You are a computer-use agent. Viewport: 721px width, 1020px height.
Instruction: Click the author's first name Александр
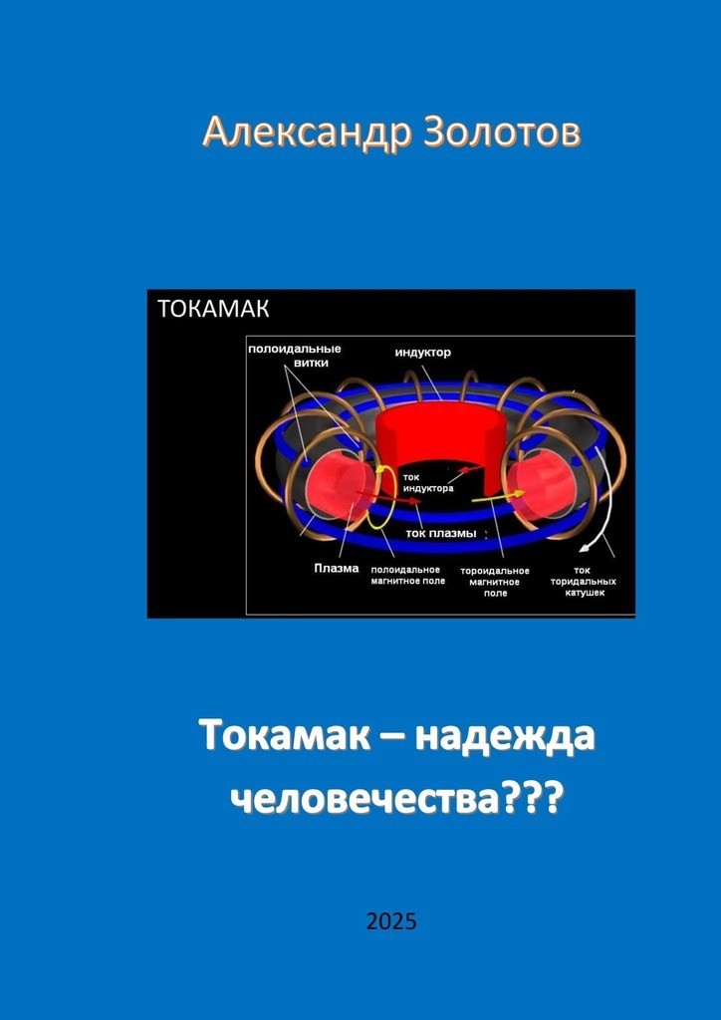tap(307, 132)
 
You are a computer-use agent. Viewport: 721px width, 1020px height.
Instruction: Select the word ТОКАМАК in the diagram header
tap(213, 309)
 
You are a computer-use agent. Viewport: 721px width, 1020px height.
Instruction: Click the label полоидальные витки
tap(294, 355)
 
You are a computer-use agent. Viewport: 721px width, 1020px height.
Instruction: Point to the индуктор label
tap(423, 353)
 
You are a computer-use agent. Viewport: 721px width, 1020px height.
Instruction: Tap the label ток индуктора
tap(428, 482)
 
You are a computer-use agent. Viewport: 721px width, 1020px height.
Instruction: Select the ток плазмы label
tap(441, 534)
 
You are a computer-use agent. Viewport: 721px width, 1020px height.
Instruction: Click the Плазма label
tap(337, 568)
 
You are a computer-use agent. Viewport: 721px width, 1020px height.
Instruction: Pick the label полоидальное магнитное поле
tap(407, 575)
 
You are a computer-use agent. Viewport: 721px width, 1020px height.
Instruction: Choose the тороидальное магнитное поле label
tap(495, 582)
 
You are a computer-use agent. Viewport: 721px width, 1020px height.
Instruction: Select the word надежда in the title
tap(505, 738)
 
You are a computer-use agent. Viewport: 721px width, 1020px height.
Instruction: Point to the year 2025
tap(390, 921)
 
